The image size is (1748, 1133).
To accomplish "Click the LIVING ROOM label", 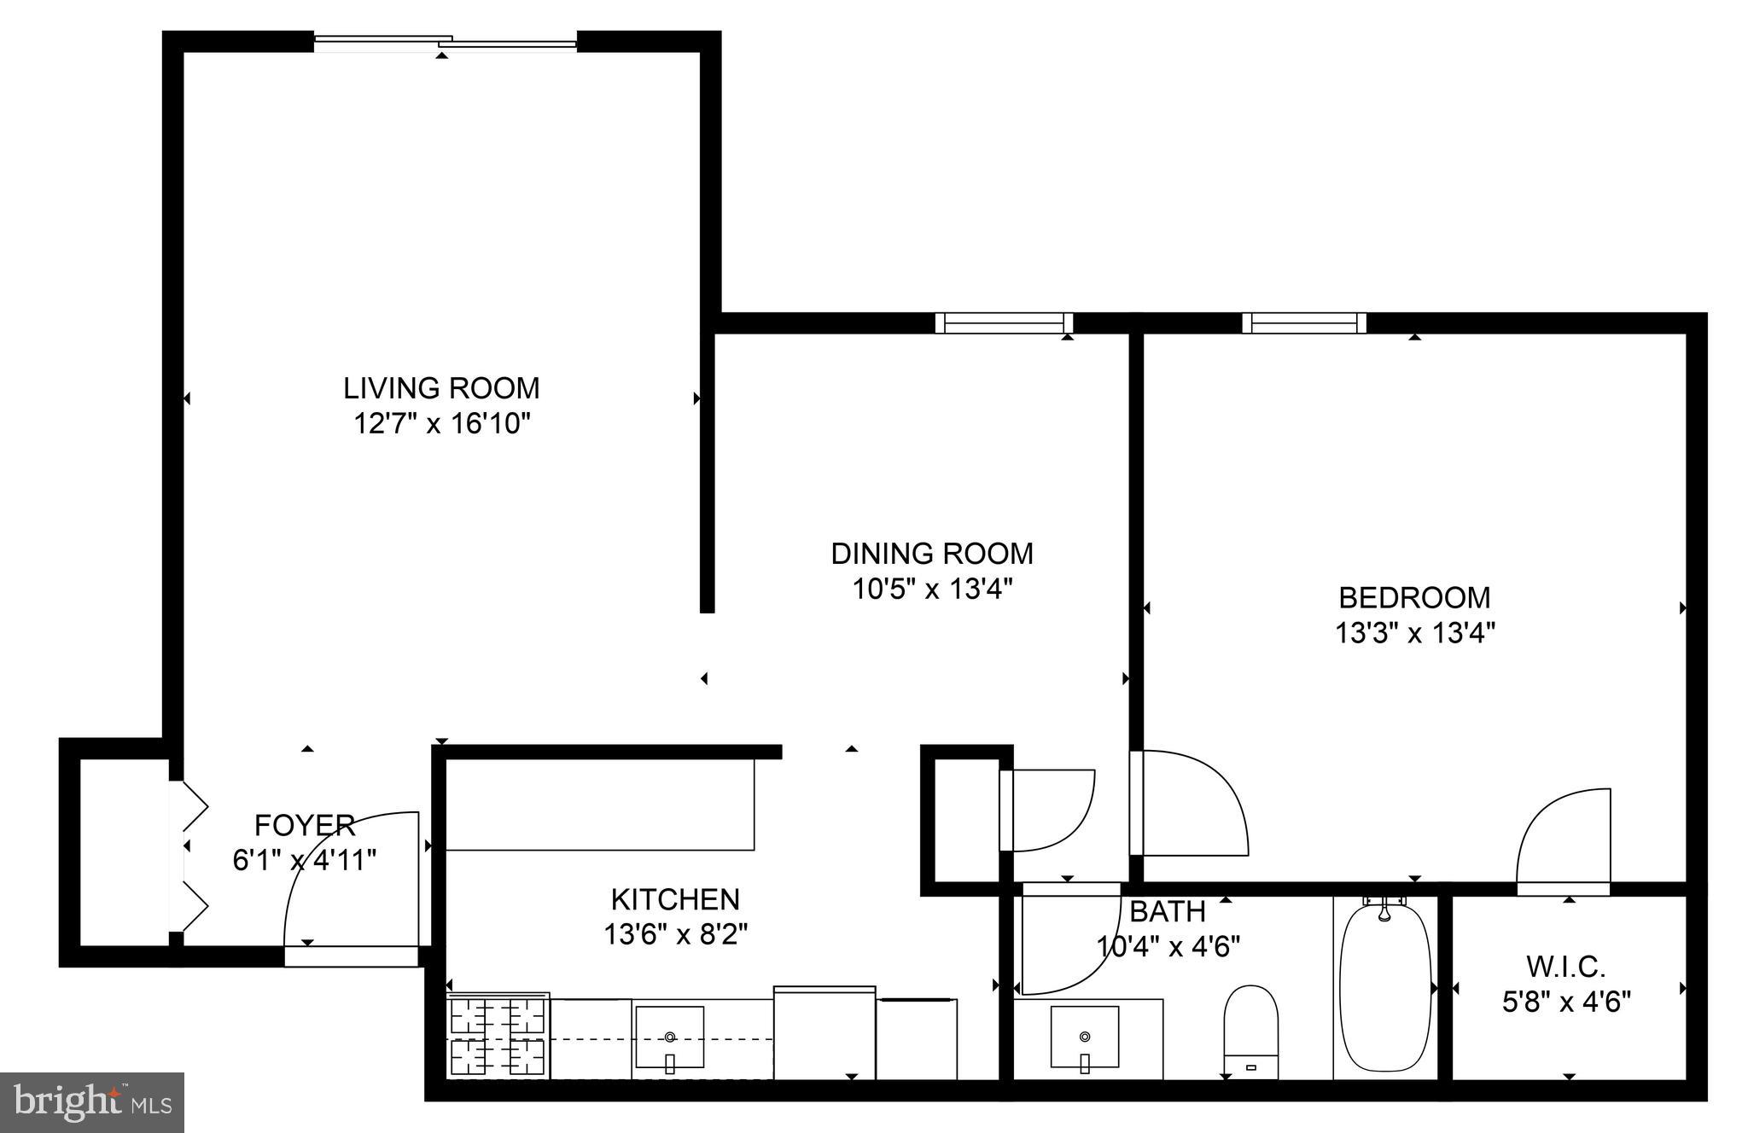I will click(441, 388).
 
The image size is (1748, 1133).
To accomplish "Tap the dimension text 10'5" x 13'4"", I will click(932, 589).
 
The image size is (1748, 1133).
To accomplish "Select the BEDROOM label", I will click(1414, 597).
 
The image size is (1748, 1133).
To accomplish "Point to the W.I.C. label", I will click(1566, 967).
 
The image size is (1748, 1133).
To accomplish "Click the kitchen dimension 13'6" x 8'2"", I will click(675, 935).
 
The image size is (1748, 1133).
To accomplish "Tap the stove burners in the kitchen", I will click(498, 1037).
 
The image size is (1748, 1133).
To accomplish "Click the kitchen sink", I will click(670, 1037).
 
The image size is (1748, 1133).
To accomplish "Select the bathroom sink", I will click(1084, 1037).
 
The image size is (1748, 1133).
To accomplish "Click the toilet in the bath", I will click(1250, 1032).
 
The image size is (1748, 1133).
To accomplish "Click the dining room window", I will click(1004, 323).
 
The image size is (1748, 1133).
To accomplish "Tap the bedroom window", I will click(1304, 323).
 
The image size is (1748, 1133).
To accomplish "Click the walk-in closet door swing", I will click(1564, 840).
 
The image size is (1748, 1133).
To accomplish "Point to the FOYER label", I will click(305, 825).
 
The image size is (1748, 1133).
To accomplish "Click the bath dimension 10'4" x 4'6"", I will click(1168, 946).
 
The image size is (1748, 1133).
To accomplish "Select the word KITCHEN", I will click(675, 899).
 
